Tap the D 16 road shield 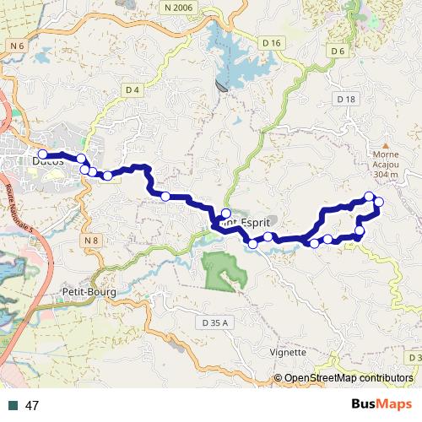point(271,42)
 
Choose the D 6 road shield point(338,51)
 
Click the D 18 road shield point(345,99)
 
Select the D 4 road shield point(131,89)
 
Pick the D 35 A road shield point(216,322)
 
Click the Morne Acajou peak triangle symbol point(385,145)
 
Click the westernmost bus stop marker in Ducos point(42,154)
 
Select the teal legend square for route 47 point(14,405)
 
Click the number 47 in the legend point(33,405)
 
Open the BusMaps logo point(382,404)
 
